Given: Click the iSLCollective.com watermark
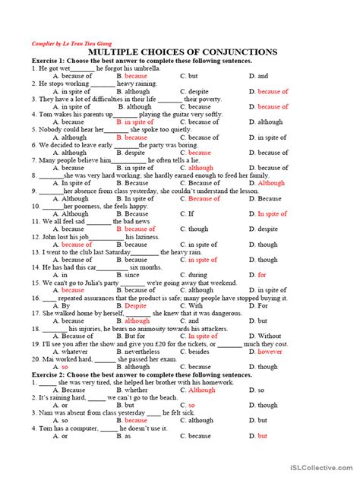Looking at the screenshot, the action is [x=320, y=469].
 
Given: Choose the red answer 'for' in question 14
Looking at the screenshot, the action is [x=262, y=275].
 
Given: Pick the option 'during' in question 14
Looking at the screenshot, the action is [x=197, y=275].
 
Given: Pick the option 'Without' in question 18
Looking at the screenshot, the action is [x=269, y=336].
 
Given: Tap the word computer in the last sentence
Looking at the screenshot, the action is [x=82, y=428].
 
